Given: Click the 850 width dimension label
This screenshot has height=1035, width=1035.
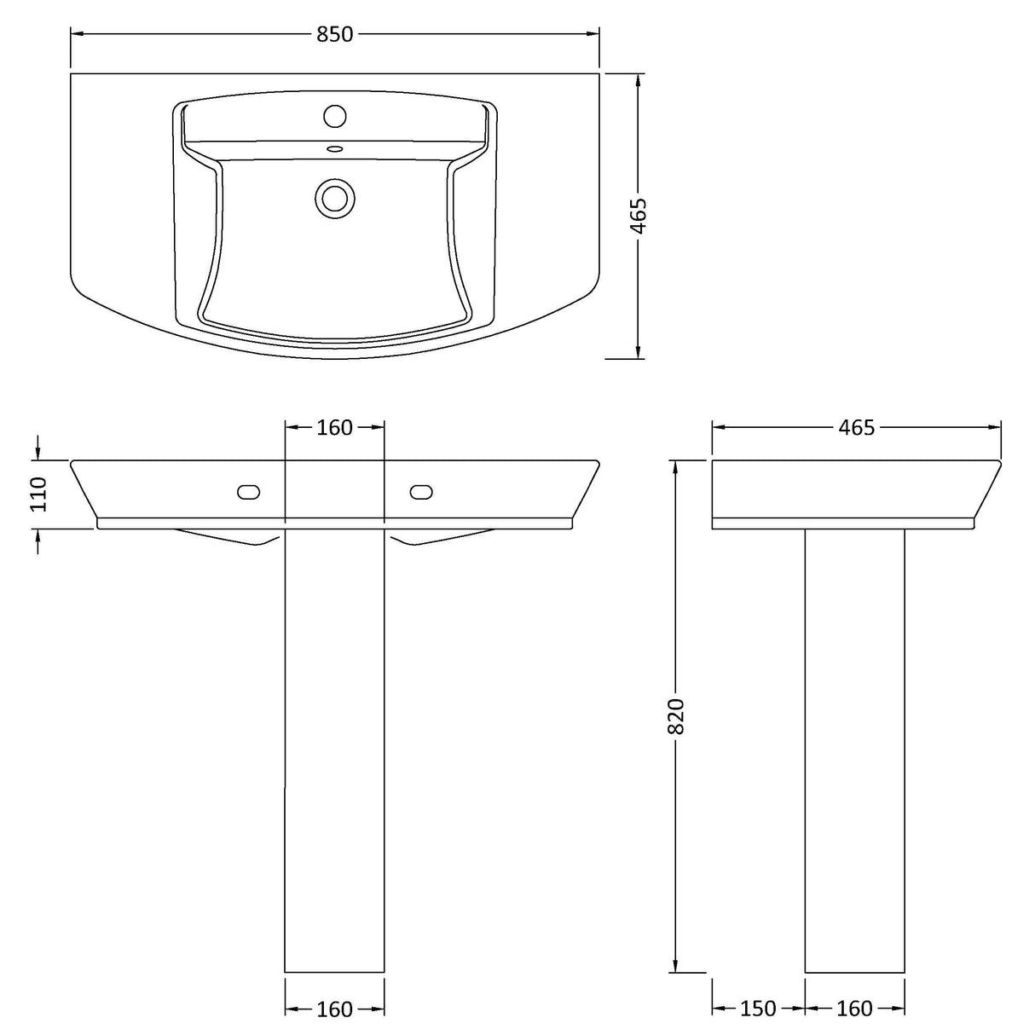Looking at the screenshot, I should pos(334,34).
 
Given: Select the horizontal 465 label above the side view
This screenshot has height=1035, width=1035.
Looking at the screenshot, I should pos(856,427).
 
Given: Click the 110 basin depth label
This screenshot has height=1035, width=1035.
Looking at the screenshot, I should pos(38,494).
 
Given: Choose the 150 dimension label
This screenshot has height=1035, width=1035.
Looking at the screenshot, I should pos(758,1009).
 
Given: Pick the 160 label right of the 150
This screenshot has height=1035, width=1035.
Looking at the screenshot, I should pos(854,1009).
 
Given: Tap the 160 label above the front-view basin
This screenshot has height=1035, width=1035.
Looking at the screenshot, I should pos(334,427).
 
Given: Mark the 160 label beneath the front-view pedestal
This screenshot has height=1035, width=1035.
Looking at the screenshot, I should pos(334,1009).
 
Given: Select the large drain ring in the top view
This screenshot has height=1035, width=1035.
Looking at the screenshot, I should pos(334,197).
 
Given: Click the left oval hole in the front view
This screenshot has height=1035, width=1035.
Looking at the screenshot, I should pos(248,491).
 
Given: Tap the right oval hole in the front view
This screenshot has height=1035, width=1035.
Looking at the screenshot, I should pos(421,491).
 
